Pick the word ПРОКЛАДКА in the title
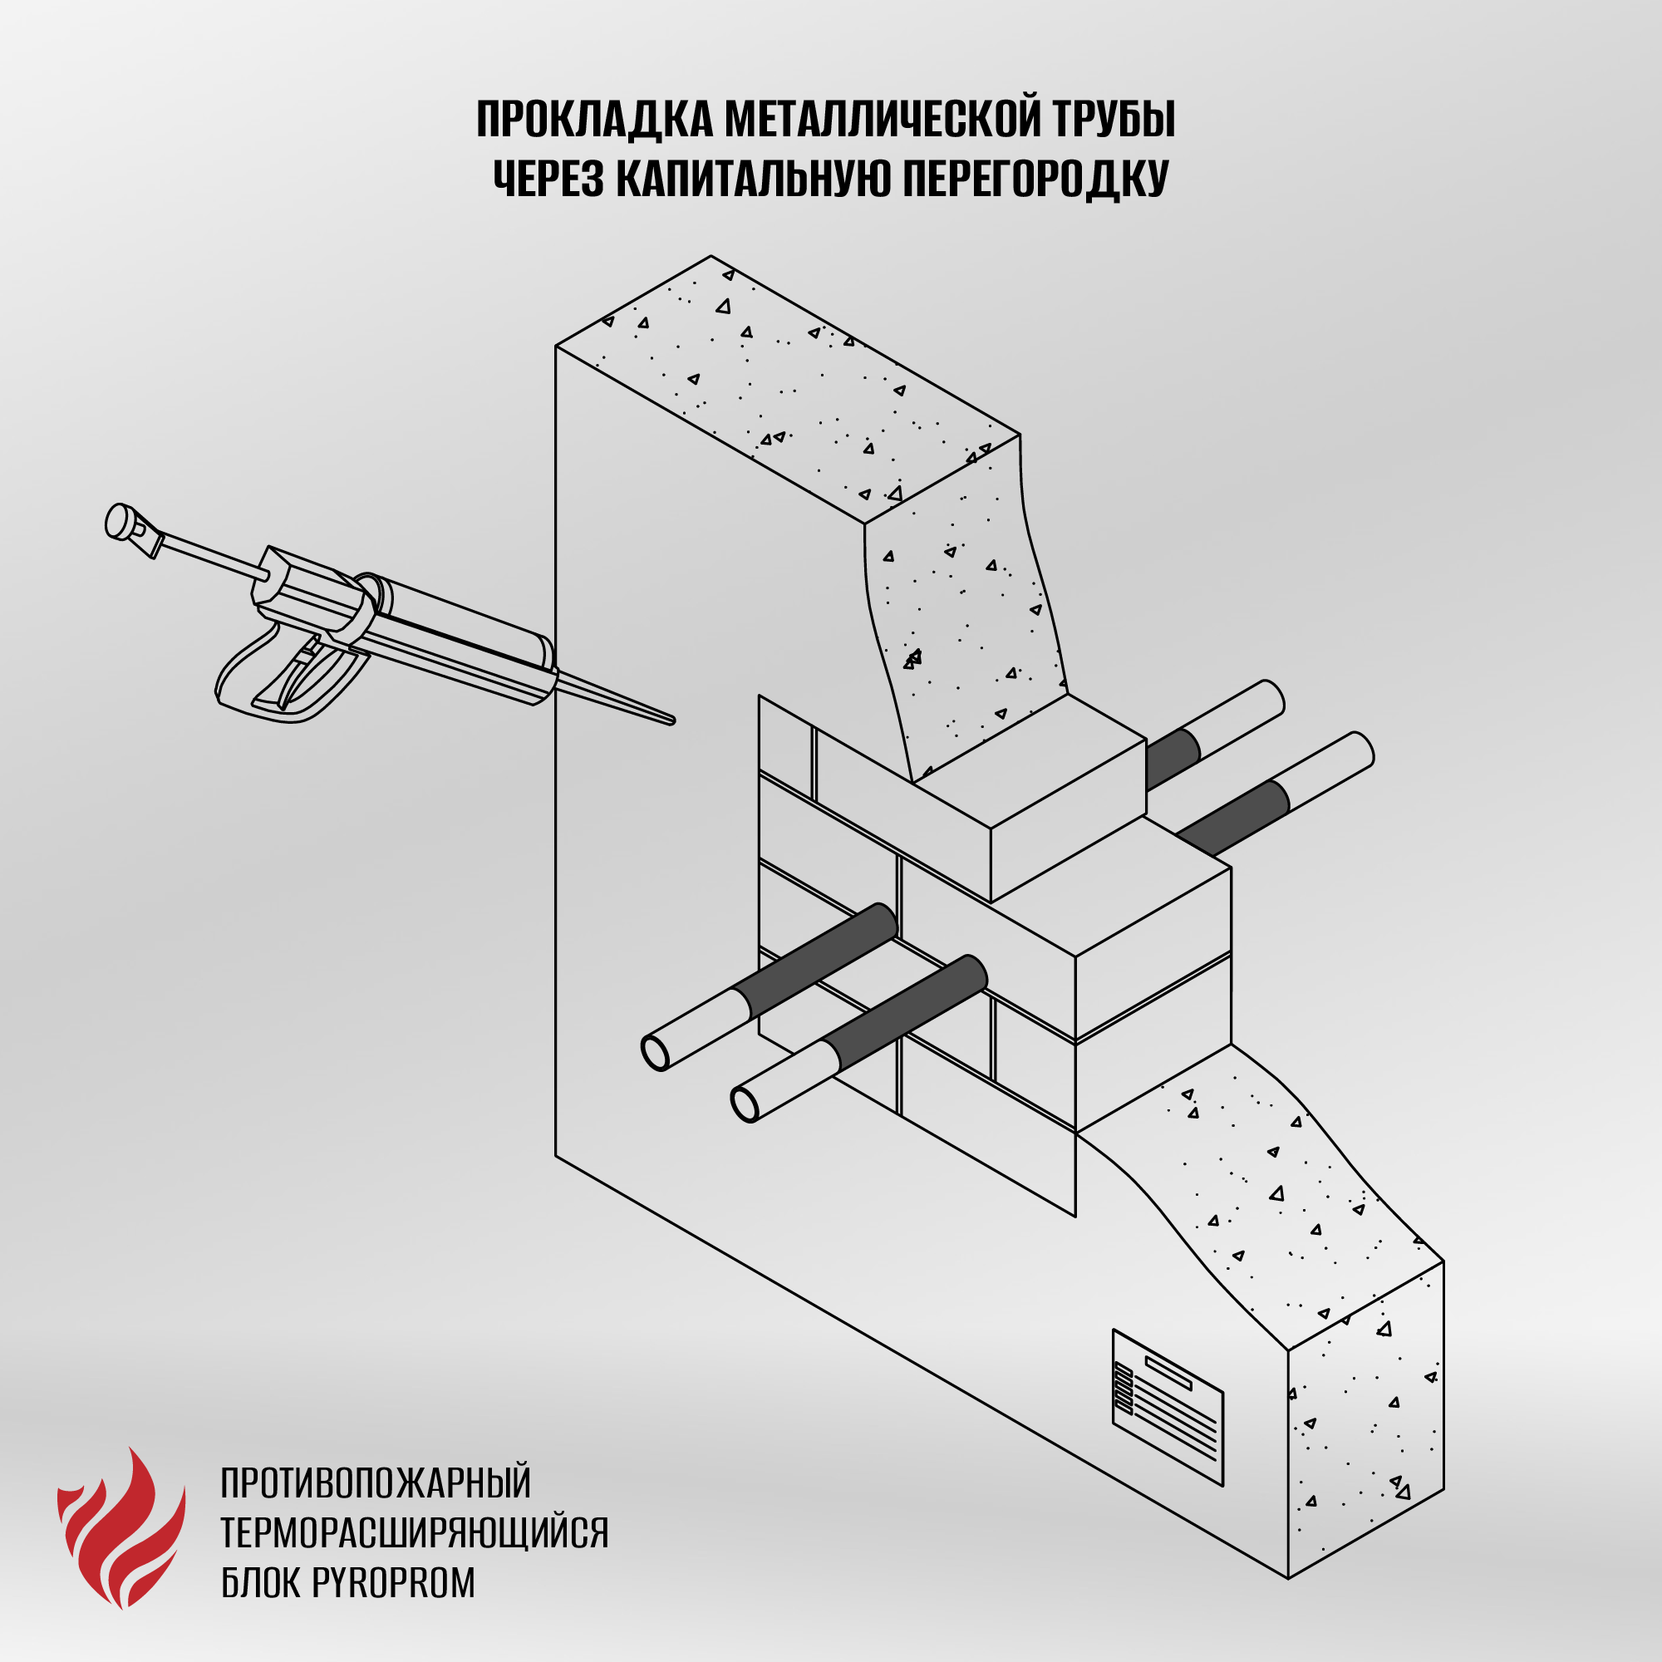pyautogui.click(x=594, y=120)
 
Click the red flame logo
pyautogui.click(x=121, y=1526)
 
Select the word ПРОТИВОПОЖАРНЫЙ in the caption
pyautogui.click(x=376, y=1483)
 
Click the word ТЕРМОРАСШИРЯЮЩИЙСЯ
pyautogui.click(x=415, y=1532)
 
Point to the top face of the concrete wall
pyautogui.click(x=787, y=389)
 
